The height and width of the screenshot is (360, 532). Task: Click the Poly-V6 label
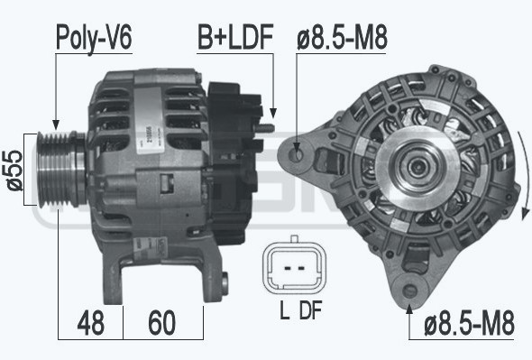click(x=94, y=38)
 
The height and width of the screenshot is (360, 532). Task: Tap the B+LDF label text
click(x=235, y=37)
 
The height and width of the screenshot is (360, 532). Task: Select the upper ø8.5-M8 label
click(x=342, y=38)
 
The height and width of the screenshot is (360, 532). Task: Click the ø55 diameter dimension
click(x=14, y=171)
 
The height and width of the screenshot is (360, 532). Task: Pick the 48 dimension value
click(x=90, y=322)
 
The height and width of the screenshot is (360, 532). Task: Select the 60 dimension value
click(x=161, y=322)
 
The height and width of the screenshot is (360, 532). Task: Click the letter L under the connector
click(x=284, y=309)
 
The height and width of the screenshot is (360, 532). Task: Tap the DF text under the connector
click(x=310, y=309)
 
